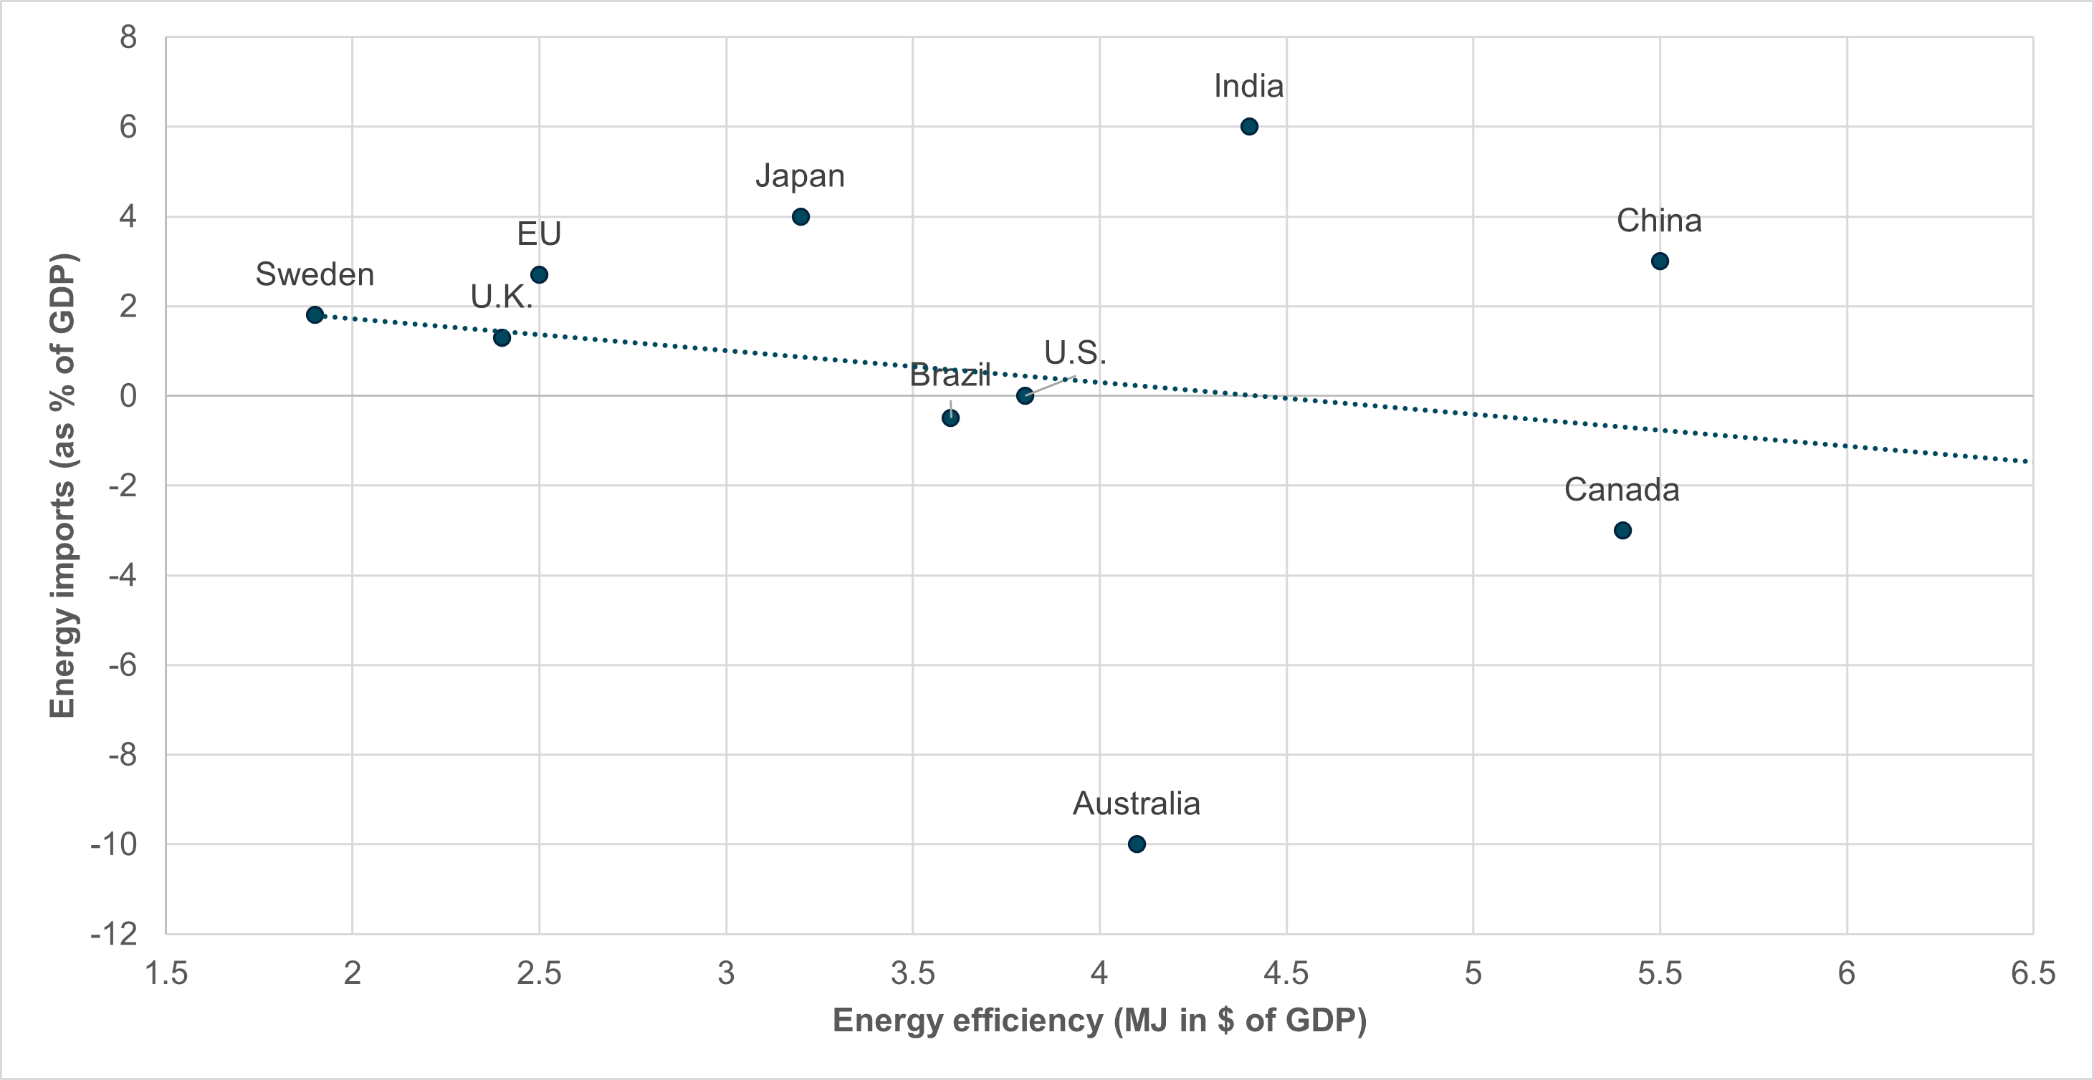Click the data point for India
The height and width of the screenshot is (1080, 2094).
click(x=1249, y=127)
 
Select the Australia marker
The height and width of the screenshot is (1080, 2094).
click(x=1137, y=844)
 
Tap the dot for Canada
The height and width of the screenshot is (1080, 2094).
click(x=1622, y=531)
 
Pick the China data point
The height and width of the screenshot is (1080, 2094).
click(x=1660, y=261)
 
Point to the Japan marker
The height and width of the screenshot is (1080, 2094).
click(x=800, y=217)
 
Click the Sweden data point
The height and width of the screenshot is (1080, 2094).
click(x=315, y=314)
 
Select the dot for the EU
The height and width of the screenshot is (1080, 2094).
click(x=539, y=275)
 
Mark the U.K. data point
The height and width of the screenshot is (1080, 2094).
click(x=502, y=337)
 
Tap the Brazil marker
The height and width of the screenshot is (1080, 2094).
click(x=950, y=418)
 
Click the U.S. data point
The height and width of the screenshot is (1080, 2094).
click(x=1025, y=396)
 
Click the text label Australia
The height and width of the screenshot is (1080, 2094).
click(x=1137, y=804)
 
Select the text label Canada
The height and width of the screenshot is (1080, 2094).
click(x=1622, y=490)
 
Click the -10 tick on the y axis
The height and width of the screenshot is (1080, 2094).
click(x=115, y=844)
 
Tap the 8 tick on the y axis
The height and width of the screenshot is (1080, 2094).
click(x=128, y=37)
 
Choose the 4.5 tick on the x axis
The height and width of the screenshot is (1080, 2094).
click(x=1286, y=973)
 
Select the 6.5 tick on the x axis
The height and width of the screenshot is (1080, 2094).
click(x=2033, y=973)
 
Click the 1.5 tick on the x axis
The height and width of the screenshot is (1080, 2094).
click(x=166, y=973)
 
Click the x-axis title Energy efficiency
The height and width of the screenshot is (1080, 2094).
click(x=1099, y=1020)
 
